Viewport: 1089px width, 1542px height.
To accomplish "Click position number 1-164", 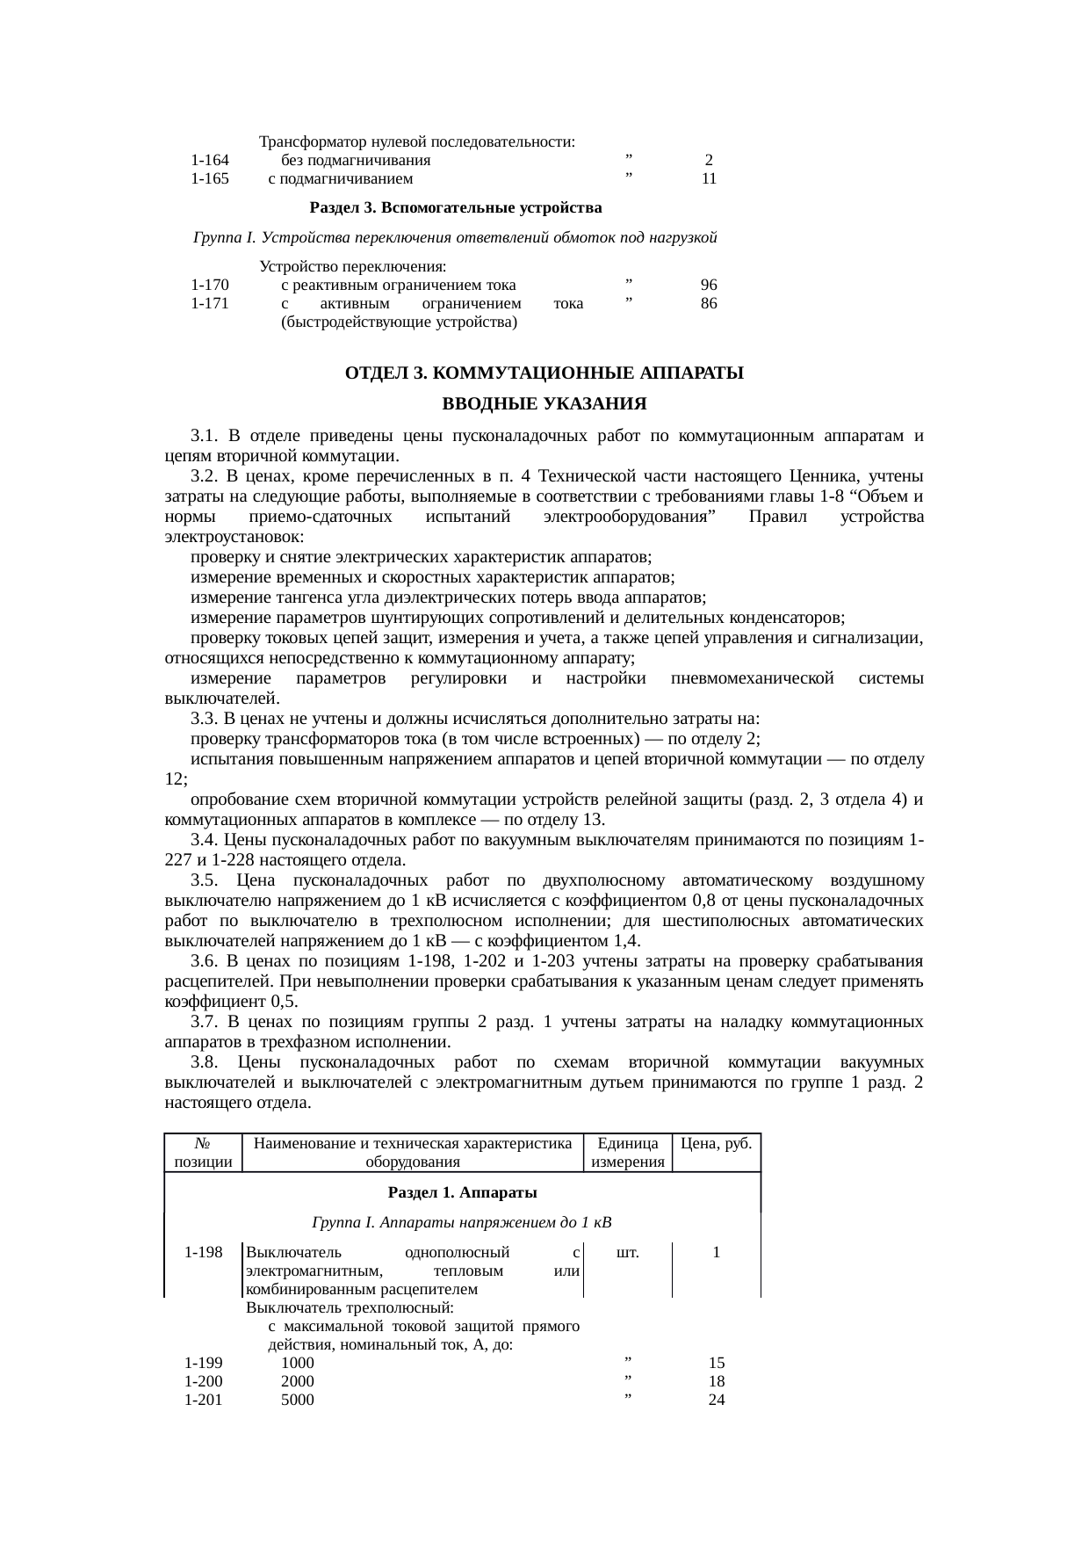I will (209, 161).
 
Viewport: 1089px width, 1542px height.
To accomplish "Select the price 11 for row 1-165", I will (709, 179).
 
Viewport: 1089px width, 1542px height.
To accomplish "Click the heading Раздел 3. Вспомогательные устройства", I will (456, 208).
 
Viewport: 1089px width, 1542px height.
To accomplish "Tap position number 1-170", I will (209, 286).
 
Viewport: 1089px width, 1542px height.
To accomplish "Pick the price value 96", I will (709, 286).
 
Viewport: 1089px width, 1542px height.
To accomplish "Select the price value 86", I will (709, 304).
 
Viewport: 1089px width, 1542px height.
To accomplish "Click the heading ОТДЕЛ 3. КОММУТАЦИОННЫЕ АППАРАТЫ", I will (544, 373).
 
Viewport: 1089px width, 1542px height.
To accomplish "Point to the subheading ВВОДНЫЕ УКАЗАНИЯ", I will (544, 405).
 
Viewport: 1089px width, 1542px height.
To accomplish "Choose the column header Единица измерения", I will (628, 1153).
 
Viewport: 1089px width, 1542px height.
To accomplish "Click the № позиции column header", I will (203, 1153).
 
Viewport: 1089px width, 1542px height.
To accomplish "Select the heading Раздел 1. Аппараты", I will (462, 1192).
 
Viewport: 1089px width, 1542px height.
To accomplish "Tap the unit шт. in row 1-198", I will (627, 1253).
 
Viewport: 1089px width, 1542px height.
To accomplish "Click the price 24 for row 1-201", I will (716, 1400).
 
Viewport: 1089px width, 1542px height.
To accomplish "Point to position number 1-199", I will (203, 1364).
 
